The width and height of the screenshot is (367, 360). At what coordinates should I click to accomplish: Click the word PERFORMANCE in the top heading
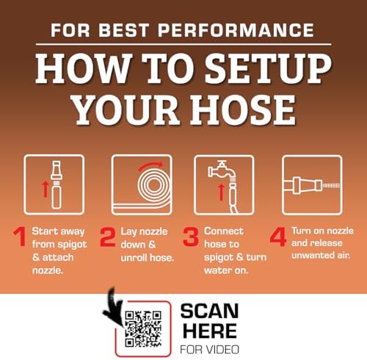[x=236, y=30]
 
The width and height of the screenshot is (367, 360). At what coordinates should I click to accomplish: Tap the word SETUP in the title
[x=268, y=68]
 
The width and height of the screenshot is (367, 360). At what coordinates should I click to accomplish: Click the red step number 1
[x=20, y=237]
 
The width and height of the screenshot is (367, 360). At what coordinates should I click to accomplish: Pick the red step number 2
[x=108, y=237]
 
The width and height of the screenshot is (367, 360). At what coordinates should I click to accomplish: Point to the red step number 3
[x=191, y=237]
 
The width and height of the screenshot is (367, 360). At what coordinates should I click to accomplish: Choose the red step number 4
[x=278, y=237]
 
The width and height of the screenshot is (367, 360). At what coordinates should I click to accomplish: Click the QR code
[x=143, y=329]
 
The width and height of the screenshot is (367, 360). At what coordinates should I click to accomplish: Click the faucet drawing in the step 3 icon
[x=222, y=170]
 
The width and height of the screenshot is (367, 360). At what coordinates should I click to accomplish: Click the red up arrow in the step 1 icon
[x=45, y=189]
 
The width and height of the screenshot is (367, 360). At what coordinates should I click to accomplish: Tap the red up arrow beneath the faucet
[x=221, y=192]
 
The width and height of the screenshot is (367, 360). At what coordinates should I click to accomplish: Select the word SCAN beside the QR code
[x=209, y=311]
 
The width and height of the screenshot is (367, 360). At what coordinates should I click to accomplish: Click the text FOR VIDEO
[x=209, y=350]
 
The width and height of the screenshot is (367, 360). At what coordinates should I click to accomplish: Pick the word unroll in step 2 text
[x=134, y=258]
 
